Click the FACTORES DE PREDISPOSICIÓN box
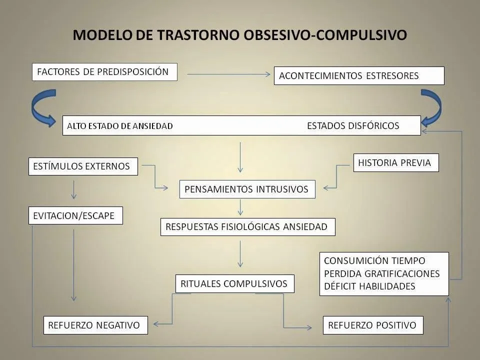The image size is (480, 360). click(104, 71)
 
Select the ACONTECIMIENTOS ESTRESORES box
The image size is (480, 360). click(359, 76)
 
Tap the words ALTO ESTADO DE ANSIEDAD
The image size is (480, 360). click(120, 126)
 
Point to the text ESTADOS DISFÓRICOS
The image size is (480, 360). click(353, 125)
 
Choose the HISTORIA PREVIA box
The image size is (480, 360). click(395, 162)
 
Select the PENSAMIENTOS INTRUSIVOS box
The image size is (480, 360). click(247, 189)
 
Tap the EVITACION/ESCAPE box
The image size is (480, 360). click(75, 215)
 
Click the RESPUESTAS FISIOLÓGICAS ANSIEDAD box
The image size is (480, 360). click(247, 227)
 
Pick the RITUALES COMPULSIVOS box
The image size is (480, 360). click(234, 284)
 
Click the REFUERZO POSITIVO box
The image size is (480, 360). click(373, 325)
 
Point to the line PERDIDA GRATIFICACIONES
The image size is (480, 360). click(382, 273)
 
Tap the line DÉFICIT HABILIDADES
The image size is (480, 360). click(369, 286)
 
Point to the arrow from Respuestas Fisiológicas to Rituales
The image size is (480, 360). click(240, 253)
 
